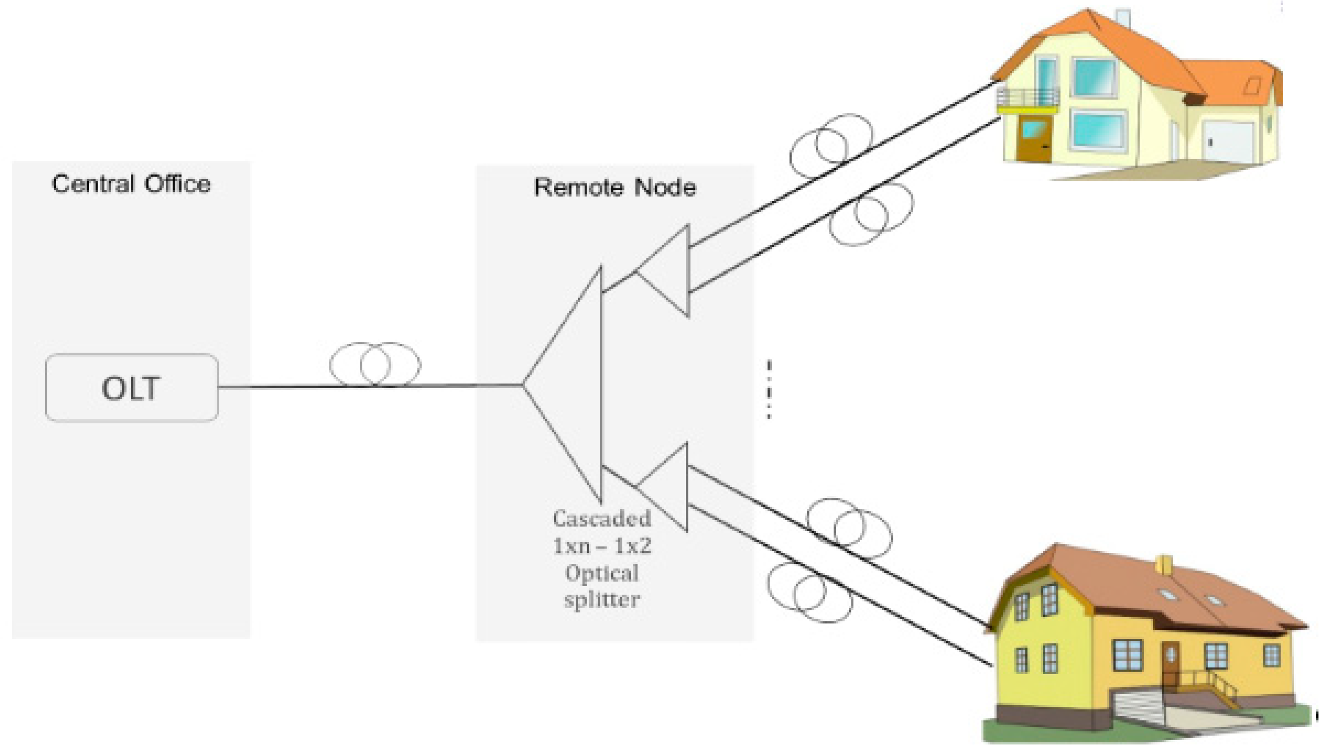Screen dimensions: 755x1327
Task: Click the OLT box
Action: tap(131, 388)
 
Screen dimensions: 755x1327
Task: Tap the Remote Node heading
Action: tap(615, 187)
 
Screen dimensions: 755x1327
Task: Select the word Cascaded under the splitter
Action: tap(602, 518)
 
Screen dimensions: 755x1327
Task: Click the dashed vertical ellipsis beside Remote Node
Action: tap(769, 389)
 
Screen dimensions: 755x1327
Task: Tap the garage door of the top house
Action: tap(1228, 142)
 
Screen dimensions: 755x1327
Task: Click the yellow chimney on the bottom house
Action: tap(1164, 565)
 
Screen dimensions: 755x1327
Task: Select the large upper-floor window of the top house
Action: tap(1094, 78)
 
